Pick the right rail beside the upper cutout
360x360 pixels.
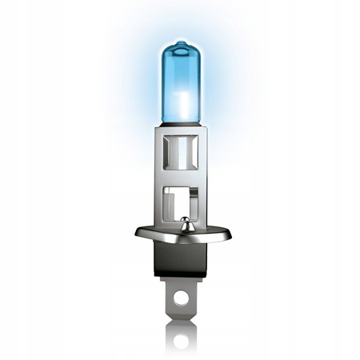click(x=200, y=156)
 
